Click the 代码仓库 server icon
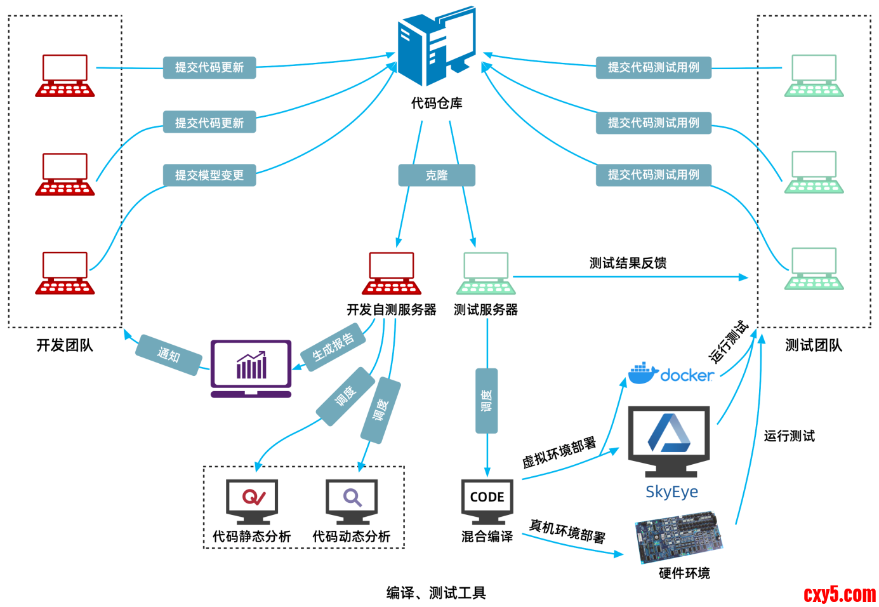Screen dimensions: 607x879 point(437,47)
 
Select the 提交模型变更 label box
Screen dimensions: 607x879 point(209,175)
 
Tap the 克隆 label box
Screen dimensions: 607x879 point(437,175)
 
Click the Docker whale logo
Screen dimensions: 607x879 point(642,373)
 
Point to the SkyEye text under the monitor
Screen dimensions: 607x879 point(671,492)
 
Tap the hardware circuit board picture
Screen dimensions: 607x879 point(679,537)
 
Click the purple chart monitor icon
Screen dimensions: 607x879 point(251,368)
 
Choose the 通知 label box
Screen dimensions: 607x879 point(169,354)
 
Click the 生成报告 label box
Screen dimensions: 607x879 point(333,347)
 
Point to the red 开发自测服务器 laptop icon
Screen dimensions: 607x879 point(392,274)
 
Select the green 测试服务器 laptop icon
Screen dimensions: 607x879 point(486,274)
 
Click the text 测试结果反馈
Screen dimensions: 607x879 point(628,263)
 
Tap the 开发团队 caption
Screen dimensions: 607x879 point(65,345)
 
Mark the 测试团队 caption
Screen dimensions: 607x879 point(813,345)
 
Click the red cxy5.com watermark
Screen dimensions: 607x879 point(839,594)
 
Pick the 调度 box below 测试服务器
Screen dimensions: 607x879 point(487,401)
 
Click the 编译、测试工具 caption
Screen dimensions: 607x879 point(436,593)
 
